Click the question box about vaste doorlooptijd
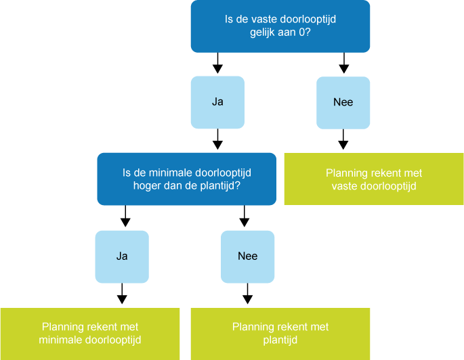(280, 26)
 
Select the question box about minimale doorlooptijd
(186, 179)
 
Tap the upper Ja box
(217, 102)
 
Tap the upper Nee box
(343, 102)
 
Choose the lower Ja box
(122, 256)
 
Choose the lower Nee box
(247, 256)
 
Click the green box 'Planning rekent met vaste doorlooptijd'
(374, 179)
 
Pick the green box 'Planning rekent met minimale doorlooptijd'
(90, 333)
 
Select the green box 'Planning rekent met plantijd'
(280, 333)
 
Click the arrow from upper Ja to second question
(217, 141)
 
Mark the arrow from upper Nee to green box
(343, 141)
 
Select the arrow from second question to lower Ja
(124, 218)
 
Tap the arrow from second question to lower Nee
(245, 218)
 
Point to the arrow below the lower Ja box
(122, 294)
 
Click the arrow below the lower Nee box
(247, 294)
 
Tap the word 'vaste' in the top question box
(266, 20)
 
